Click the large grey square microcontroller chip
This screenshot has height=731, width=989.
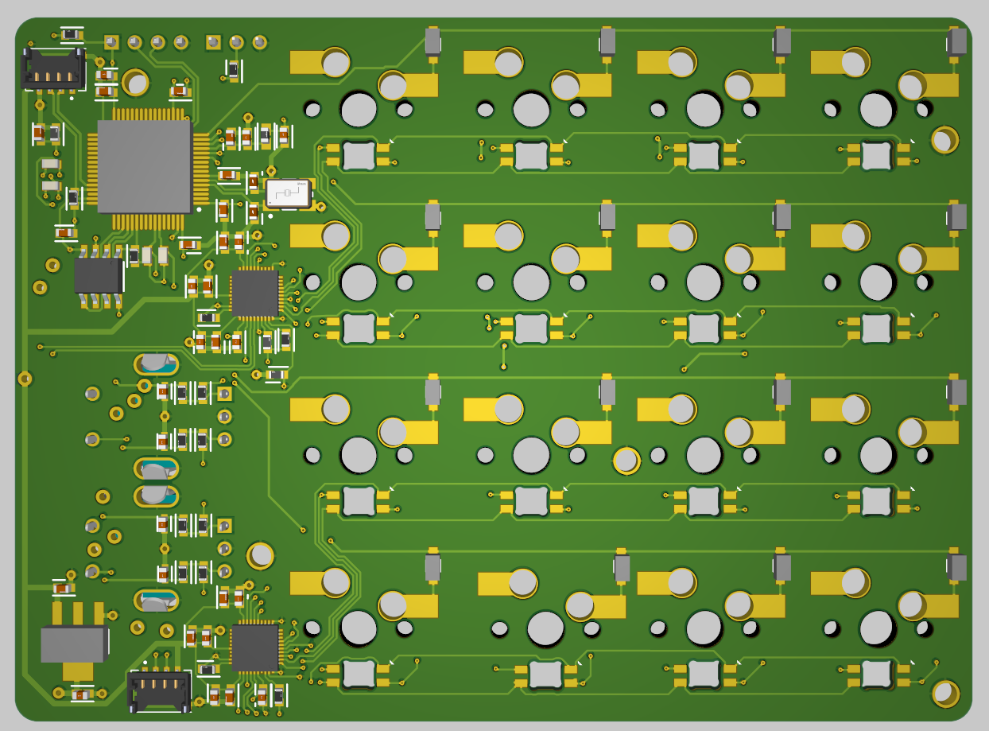(x=145, y=166)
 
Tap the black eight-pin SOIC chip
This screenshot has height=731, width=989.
(x=98, y=275)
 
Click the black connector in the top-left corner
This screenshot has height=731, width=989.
(x=52, y=68)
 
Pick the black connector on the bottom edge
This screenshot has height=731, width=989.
(x=160, y=691)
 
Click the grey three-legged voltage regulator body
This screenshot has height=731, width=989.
(x=74, y=644)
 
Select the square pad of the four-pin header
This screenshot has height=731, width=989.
(x=111, y=41)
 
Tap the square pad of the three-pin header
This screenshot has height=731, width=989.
(x=213, y=41)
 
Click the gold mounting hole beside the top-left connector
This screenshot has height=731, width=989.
(x=136, y=83)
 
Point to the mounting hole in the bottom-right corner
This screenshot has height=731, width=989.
(x=945, y=694)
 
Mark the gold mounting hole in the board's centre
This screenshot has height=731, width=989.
(x=626, y=461)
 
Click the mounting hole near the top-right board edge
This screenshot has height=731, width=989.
(x=944, y=140)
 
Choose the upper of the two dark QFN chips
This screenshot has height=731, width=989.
(x=254, y=293)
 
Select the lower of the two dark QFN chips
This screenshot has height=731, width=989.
(x=254, y=647)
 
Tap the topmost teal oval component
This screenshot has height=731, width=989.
(x=157, y=364)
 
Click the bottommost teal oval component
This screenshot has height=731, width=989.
(x=157, y=601)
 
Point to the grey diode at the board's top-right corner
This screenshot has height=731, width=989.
(x=958, y=41)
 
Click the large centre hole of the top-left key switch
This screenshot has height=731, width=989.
(x=359, y=109)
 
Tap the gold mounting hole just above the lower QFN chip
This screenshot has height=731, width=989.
(x=260, y=555)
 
